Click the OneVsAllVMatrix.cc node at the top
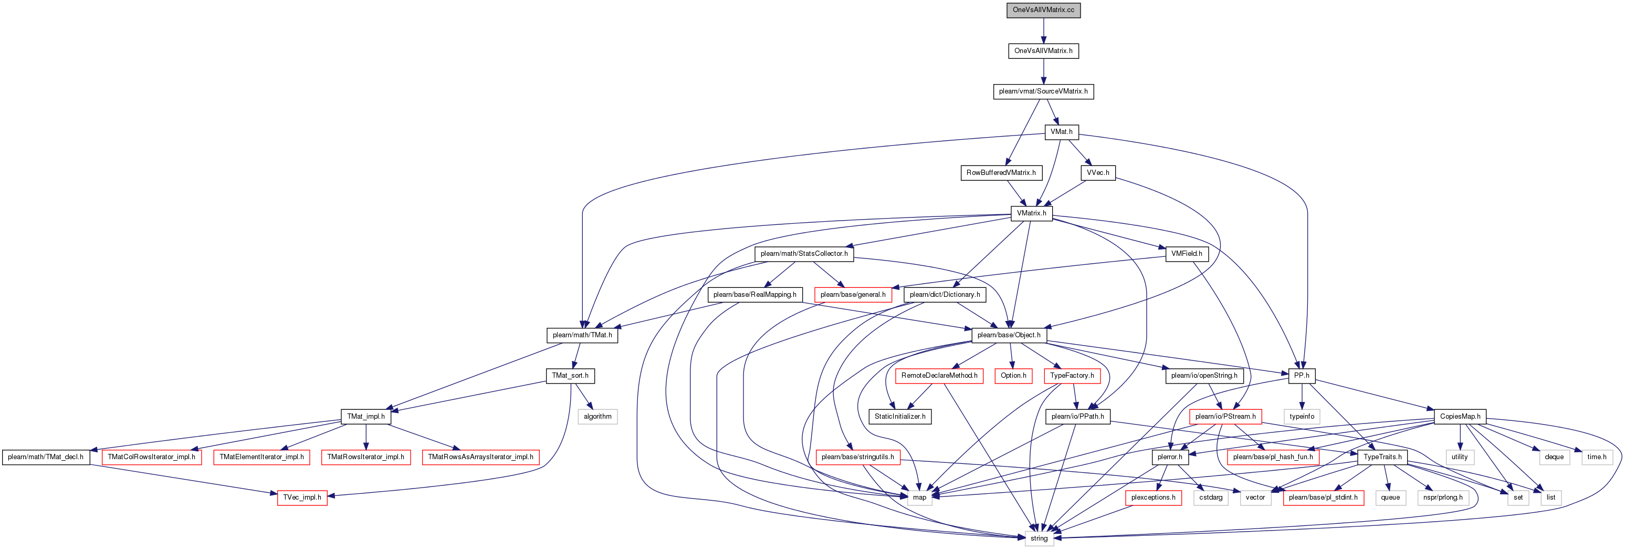[1043, 10]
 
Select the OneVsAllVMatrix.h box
[1043, 50]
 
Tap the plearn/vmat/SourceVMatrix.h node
[1043, 91]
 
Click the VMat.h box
[1062, 132]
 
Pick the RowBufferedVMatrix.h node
[1001, 172]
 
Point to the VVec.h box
[1098, 172]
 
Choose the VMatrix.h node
[1031, 213]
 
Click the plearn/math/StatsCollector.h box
[804, 254]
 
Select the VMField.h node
[1187, 254]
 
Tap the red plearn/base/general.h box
[853, 295]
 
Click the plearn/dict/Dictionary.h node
[945, 295]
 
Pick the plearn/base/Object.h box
[1009, 335]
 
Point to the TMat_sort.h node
[570, 376]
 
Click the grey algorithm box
[597, 417]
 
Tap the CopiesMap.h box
[1460, 417]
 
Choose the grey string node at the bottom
[1039, 538]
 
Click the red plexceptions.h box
[1153, 498]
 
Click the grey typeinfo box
[1302, 417]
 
